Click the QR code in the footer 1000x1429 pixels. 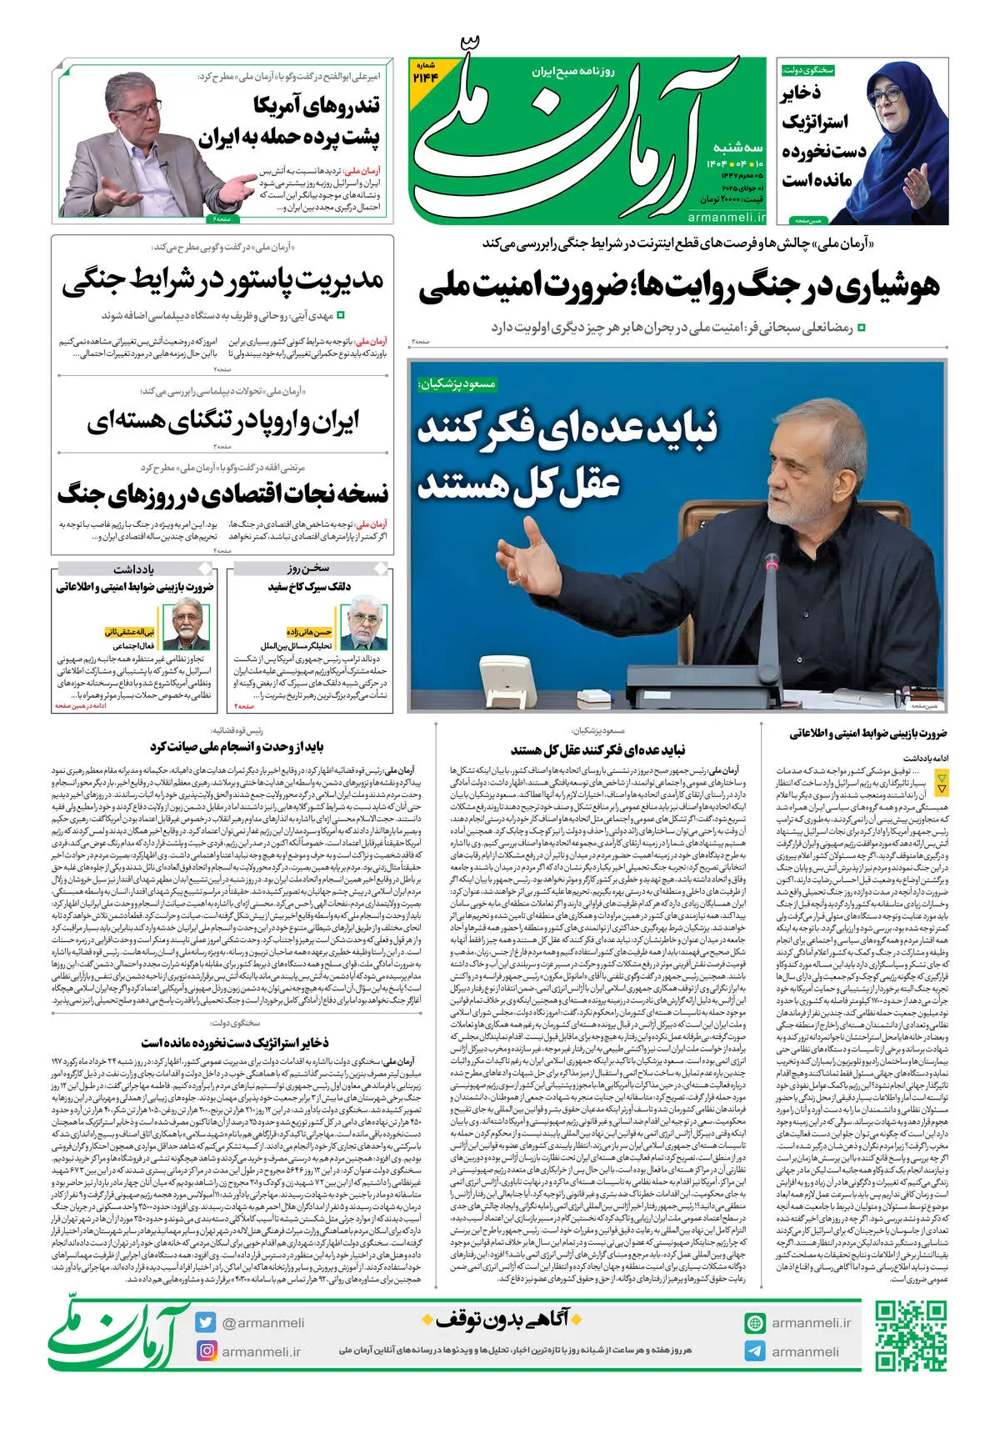pyautogui.click(x=911, y=1337)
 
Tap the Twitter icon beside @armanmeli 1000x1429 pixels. pyautogui.click(x=206, y=1322)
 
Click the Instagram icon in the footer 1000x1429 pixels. pyautogui.click(x=206, y=1351)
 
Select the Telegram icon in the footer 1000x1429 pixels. pyautogui.click(x=755, y=1351)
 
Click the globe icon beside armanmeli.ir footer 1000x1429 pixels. pyautogui.click(x=755, y=1323)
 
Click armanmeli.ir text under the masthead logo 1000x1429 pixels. pyautogui.click(x=726, y=217)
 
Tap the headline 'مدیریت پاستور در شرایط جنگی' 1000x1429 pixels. pyautogui.click(x=222, y=282)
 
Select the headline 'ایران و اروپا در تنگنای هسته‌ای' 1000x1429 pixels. pyautogui.click(x=223, y=422)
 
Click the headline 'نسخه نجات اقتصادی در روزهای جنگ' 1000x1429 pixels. pyautogui.click(x=222, y=494)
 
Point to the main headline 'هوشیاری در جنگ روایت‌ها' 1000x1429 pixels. pyautogui.click(x=679, y=286)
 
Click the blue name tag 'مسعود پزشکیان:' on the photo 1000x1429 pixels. pyautogui.click(x=457, y=384)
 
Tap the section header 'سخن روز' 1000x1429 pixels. pyautogui.click(x=309, y=569)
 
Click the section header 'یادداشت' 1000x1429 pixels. pyautogui.click(x=134, y=569)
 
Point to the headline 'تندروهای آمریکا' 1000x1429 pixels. pyautogui.click(x=317, y=106)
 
